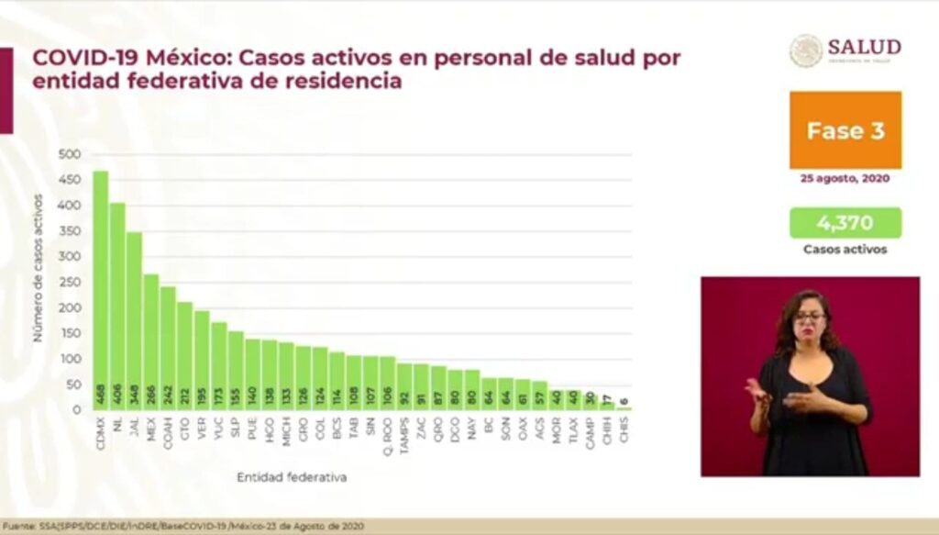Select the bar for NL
[117, 307]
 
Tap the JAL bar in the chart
[134, 321]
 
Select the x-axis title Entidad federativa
[292, 477]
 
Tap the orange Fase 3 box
[845, 130]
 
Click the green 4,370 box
[845, 222]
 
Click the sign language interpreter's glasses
[810, 317]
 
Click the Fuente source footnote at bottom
[183, 526]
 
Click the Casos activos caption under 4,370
[845, 250]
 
